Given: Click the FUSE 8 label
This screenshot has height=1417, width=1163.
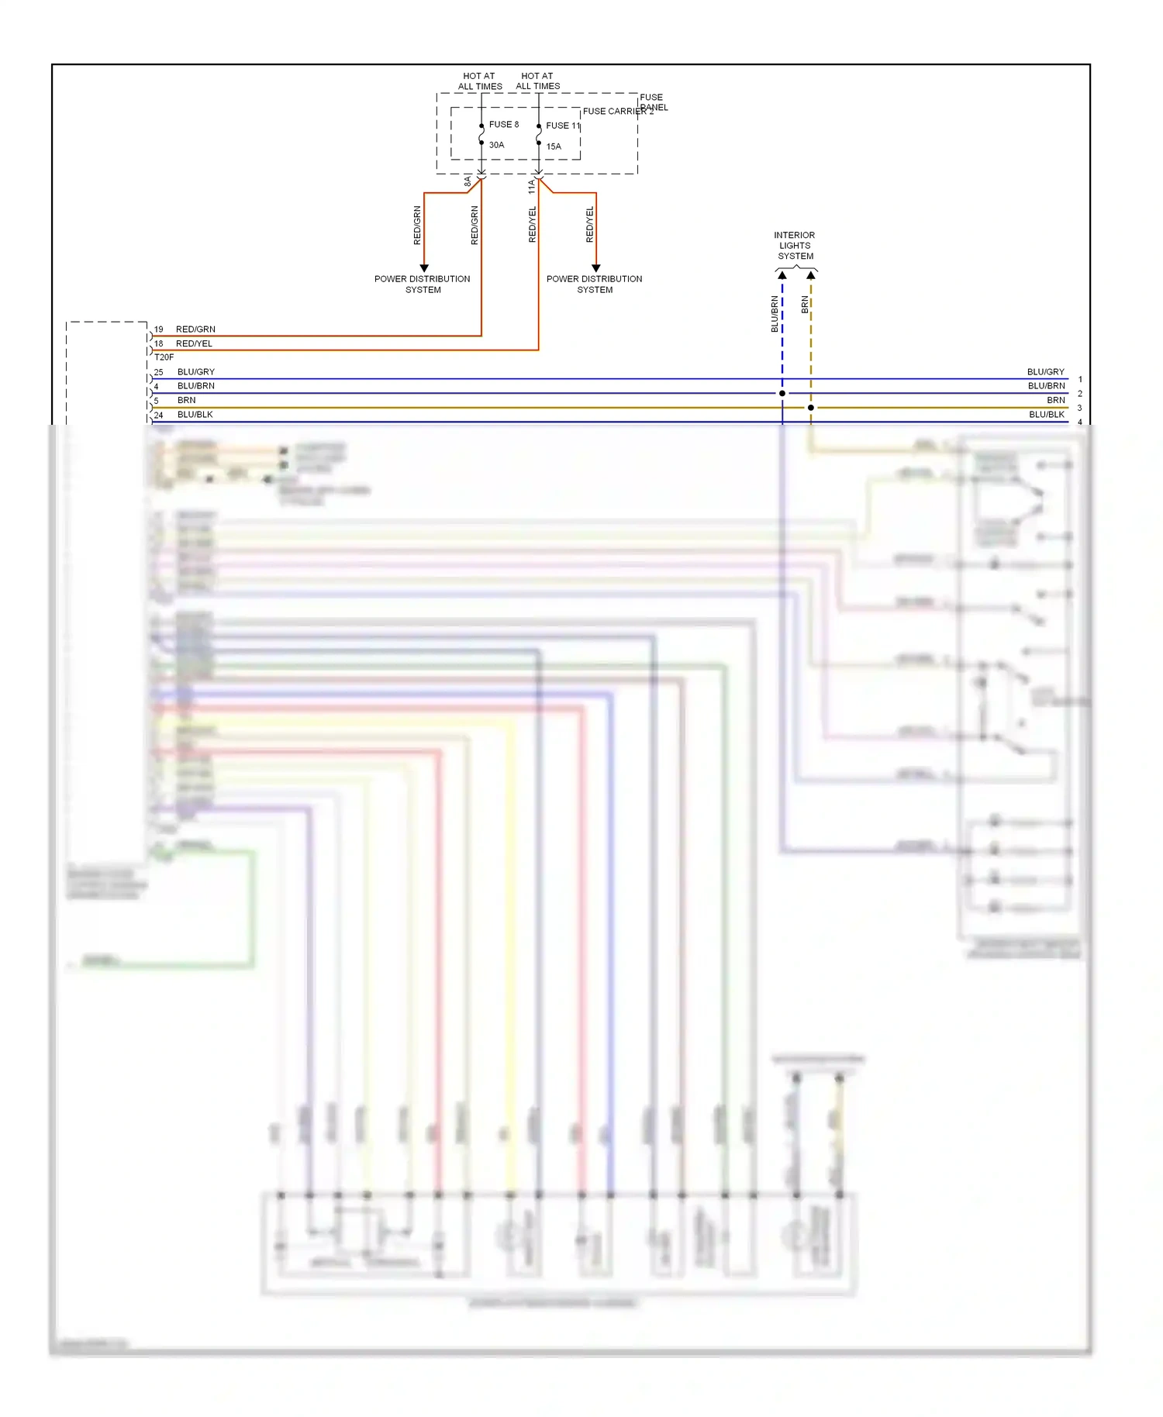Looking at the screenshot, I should pos(503,124).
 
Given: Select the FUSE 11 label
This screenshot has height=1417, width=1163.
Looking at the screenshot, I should pos(562,126).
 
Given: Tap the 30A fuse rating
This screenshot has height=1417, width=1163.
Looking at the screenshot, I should pos(496,145).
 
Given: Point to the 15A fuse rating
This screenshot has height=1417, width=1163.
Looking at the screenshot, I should pos(554,147).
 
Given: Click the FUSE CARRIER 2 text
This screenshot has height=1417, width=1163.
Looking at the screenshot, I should pos(617,112).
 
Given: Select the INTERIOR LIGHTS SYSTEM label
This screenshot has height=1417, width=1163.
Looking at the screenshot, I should pos(795,246).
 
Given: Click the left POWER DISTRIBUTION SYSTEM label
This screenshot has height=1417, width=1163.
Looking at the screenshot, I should pos(423,284).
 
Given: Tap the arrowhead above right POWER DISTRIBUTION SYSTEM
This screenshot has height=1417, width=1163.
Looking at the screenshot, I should pos(595,267).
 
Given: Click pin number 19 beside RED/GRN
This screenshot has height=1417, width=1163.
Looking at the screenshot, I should pos(158,329).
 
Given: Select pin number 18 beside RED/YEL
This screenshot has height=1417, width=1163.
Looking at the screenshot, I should pos(158,343).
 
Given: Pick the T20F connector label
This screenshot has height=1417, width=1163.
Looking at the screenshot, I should pos(164,357).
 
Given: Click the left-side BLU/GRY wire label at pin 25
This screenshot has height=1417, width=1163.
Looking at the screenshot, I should pos(195,372).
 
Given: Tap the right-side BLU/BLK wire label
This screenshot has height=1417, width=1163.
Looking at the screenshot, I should pos(1046,415).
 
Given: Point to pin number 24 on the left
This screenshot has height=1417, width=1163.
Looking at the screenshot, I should pos(158,415).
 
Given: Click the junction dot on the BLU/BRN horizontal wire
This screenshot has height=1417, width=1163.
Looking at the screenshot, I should pos(782,393).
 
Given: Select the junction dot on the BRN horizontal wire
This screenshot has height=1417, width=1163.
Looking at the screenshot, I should pos(811,408).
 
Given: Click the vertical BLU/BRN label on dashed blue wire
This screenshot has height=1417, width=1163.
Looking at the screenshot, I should pos(774,314).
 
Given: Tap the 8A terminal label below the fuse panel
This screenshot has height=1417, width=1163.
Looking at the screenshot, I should pos(468,181).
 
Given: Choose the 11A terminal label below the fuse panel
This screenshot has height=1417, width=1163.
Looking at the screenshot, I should pos(532,186).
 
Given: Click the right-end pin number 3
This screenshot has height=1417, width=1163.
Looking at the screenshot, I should pos(1079,408).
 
